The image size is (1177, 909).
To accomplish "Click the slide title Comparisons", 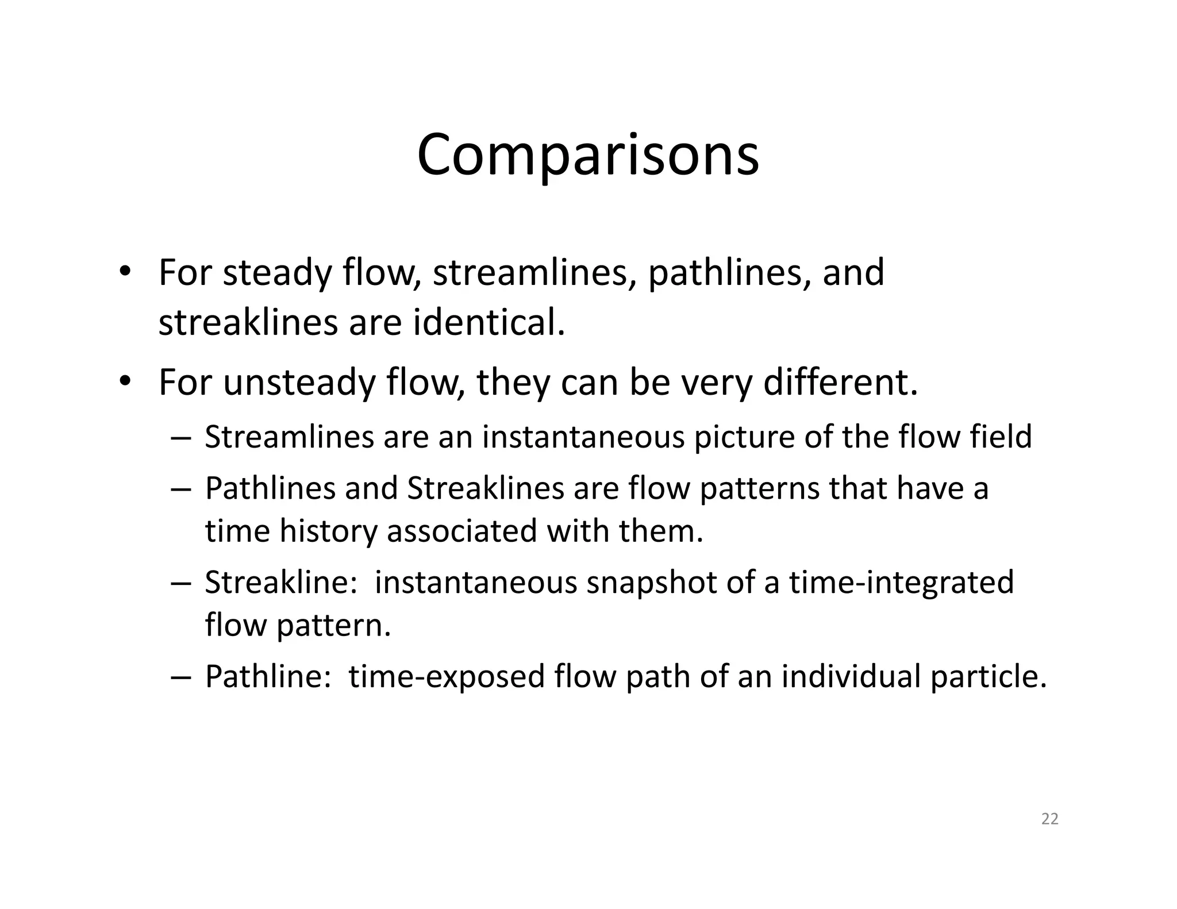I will (x=587, y=156).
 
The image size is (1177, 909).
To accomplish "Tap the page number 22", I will (x=1049, y=819).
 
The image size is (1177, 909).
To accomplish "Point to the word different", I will (x=840, y=383).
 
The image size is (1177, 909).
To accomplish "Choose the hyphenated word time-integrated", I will (x=901, y=583).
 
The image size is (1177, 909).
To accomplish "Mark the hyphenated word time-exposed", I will (x=447, y=676).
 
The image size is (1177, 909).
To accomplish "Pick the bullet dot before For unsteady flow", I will (x=123, y=382).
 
